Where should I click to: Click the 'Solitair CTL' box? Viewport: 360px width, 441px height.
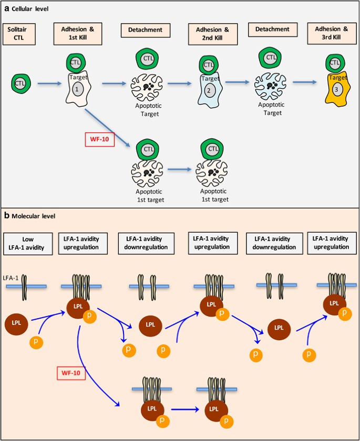19,34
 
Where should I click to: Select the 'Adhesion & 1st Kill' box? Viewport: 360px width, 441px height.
78,34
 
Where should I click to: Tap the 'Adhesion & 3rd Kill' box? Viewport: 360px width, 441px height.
332,33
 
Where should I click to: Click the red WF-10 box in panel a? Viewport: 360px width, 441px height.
100,140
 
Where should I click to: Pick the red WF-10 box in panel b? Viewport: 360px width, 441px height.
71,373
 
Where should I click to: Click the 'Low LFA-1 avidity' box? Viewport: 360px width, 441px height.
28,244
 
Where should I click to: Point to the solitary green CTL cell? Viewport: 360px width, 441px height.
19,83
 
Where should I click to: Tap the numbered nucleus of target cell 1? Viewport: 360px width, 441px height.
77,89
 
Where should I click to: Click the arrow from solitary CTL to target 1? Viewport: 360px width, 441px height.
49,83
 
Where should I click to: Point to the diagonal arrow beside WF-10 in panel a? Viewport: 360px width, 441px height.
108,128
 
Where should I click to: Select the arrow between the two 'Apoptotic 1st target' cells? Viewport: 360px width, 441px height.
180,170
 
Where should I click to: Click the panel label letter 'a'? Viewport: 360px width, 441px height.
6,9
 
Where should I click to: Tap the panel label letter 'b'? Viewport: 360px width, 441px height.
6,215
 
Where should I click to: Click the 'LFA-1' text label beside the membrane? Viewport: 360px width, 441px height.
11,278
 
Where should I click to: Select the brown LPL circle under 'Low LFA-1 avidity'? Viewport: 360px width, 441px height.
16,323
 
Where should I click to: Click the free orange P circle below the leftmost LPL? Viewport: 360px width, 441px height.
36,342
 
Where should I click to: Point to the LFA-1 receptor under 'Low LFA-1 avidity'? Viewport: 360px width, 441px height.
24,288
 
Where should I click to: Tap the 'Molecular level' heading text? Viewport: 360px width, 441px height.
34,216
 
